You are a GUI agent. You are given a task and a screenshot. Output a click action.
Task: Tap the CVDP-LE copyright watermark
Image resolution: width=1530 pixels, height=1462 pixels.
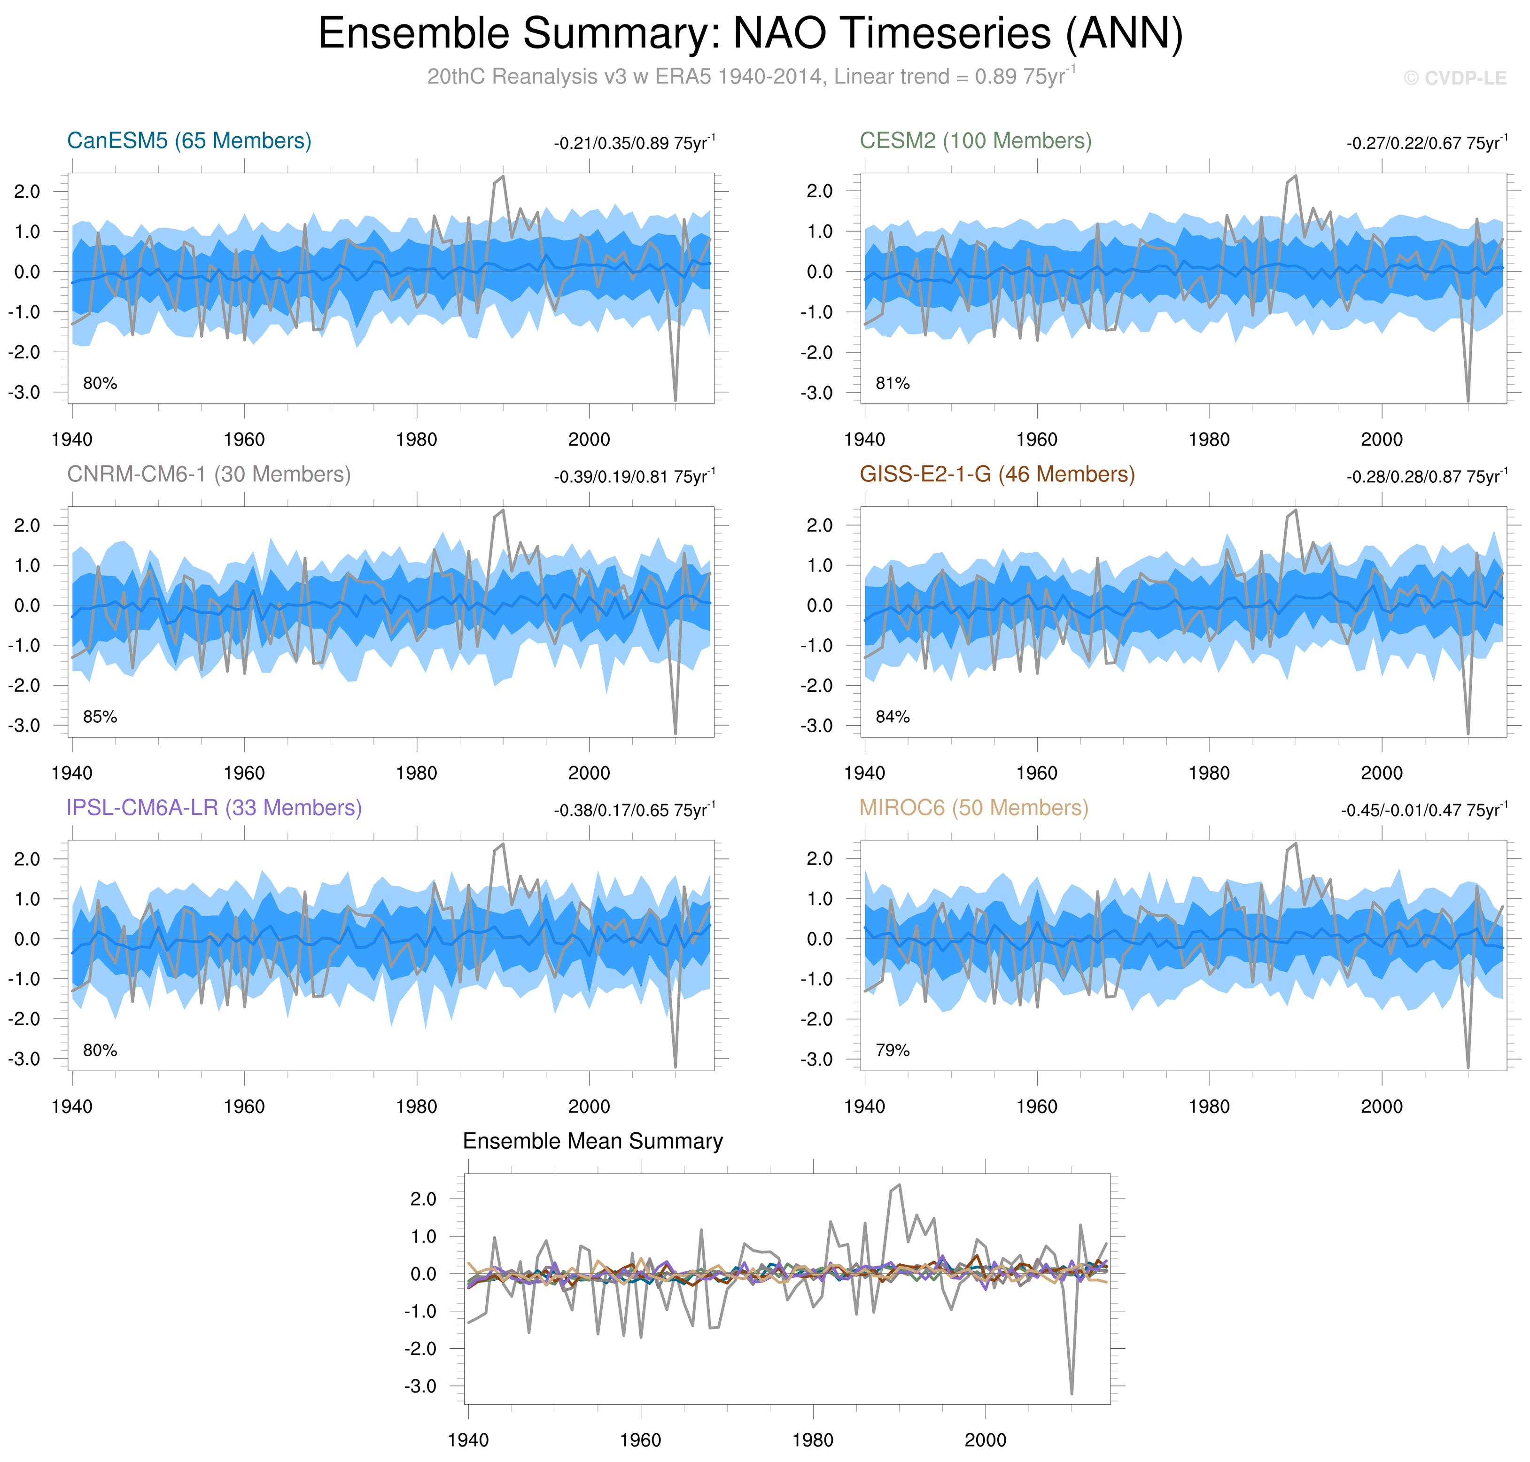click(1454, 78)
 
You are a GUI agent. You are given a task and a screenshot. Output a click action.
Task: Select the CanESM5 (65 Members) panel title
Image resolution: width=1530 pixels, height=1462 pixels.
click(189, 141)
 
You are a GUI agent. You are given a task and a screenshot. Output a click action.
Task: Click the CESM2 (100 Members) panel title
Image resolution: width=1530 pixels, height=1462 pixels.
click(975, 141)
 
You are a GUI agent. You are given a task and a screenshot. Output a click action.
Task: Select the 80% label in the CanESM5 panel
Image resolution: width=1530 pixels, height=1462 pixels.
click(100, 383)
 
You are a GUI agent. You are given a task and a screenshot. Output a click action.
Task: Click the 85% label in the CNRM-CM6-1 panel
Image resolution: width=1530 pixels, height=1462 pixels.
click(100, 717)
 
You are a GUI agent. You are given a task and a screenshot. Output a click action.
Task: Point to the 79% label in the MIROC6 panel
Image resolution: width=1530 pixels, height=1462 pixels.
click(893, 1051)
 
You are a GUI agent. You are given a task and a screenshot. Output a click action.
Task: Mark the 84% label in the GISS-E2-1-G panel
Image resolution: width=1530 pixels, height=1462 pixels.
click(893, 717)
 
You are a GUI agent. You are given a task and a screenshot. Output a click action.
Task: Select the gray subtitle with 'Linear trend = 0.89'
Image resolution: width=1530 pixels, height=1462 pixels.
click(751, 77)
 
